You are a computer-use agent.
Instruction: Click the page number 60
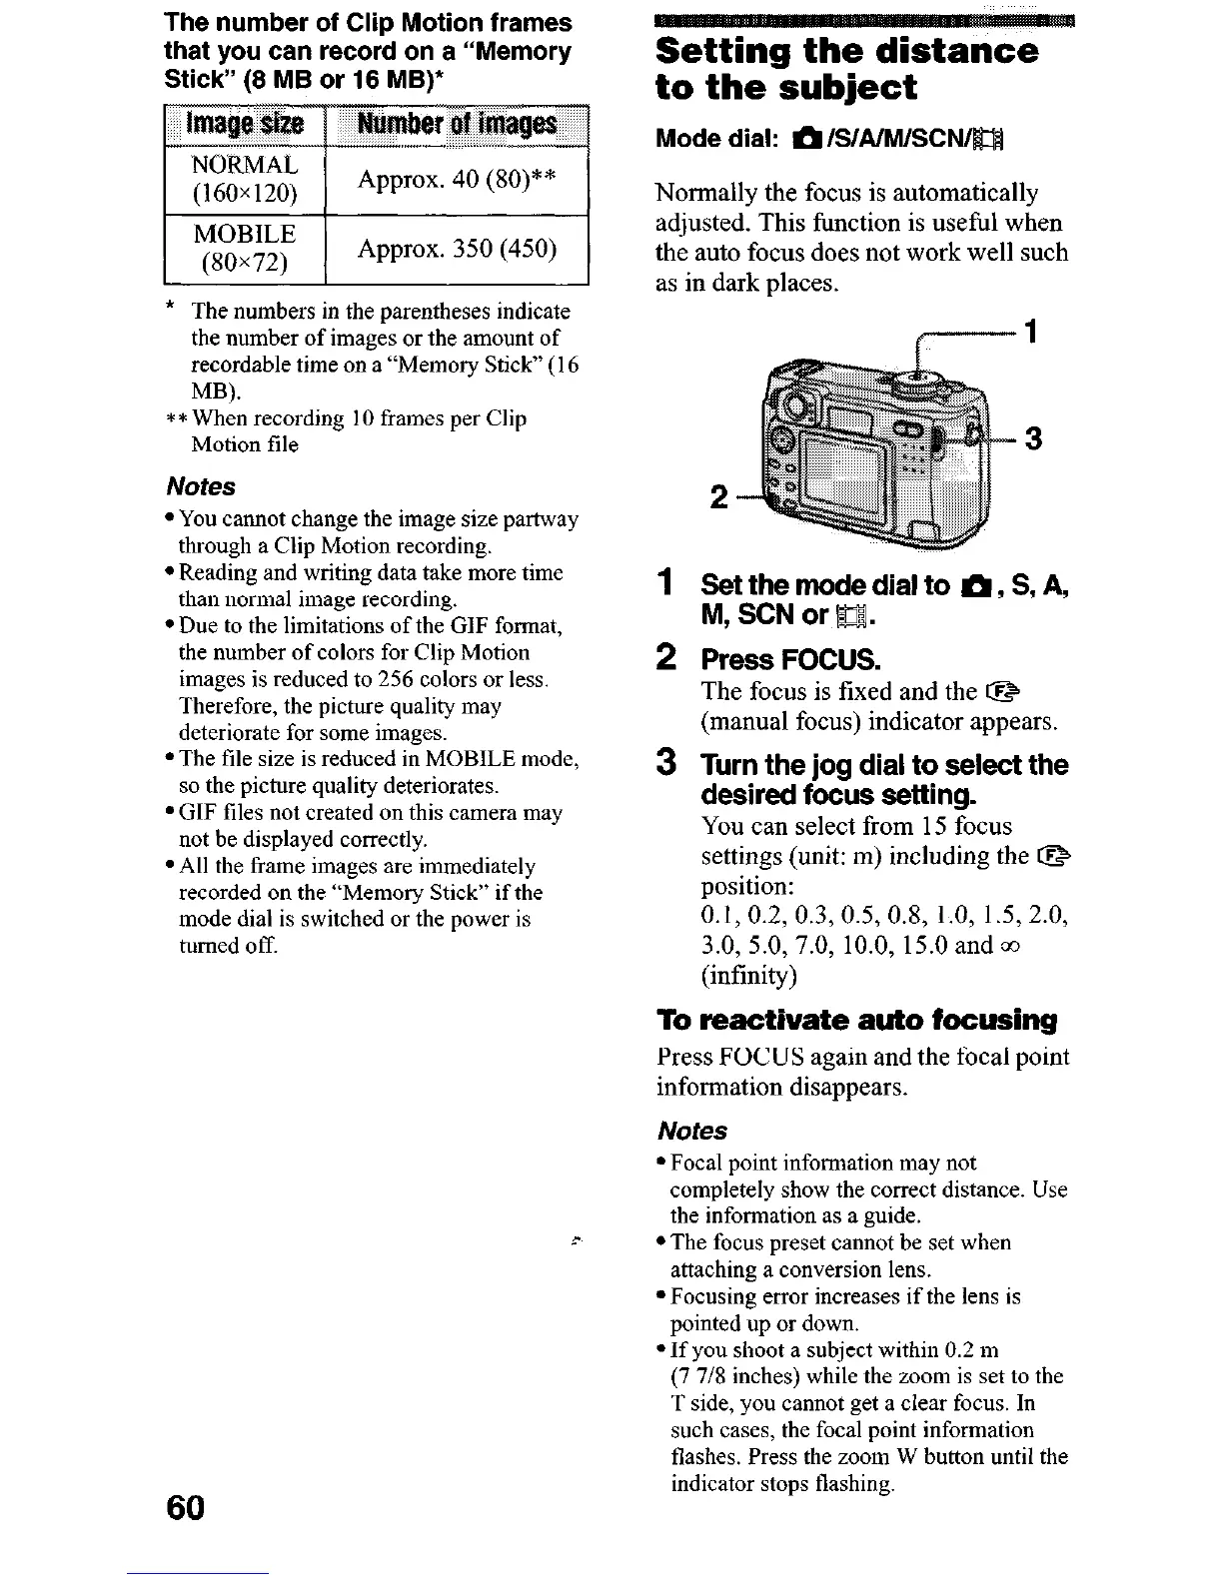pos(185,1508)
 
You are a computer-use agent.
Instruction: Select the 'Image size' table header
pos(245,124)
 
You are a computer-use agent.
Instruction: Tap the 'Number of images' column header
pos(457,124)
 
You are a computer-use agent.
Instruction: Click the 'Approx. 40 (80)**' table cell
pos(457,180)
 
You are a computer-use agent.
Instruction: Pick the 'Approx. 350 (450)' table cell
pos(457,249)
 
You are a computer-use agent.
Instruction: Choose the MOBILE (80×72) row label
pos(245,249)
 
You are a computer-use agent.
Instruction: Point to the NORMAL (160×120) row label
pos(245,179)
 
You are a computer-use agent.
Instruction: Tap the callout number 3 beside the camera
pos(1035,438)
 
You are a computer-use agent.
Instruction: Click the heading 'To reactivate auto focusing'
pos(856,1020)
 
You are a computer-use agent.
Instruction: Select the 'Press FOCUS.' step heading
pos(790,660)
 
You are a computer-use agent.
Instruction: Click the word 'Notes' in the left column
pos(200,486)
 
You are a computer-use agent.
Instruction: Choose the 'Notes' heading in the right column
pos(692,1131)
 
